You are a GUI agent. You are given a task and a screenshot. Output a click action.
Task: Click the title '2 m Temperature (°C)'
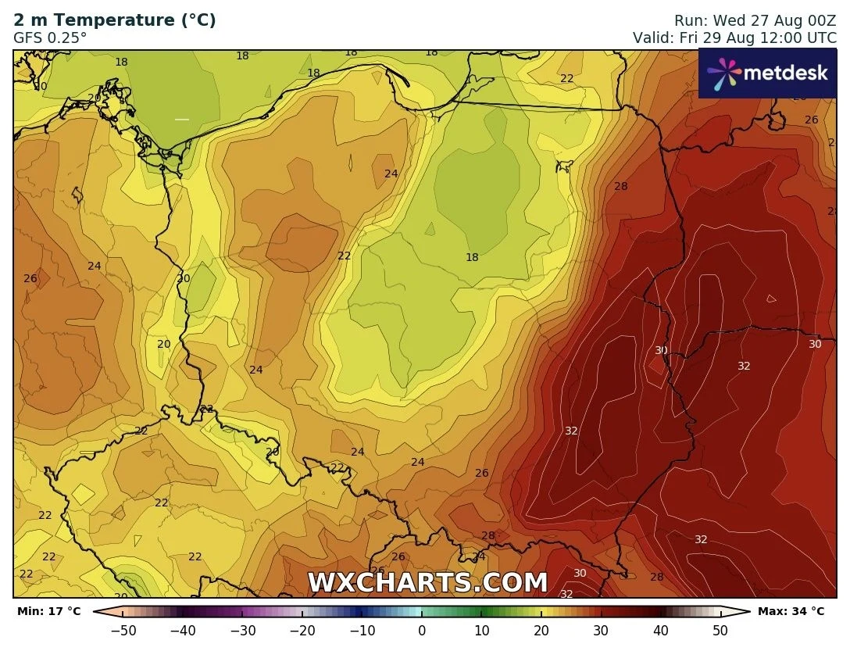point(115,20)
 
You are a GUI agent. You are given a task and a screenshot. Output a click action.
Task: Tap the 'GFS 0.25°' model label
point(51,38)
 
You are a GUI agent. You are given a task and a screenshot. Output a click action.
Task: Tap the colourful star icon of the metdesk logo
point(723,73)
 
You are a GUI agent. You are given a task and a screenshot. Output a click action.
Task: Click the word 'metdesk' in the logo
point(784,73)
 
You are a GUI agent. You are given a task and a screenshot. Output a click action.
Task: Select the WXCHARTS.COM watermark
point(427,583)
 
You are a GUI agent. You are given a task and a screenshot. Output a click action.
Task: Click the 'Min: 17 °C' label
point(48,611)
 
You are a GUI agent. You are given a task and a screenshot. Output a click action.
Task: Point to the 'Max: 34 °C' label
point(791,611)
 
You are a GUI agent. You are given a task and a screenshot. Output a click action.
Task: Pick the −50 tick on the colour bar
point(123,630)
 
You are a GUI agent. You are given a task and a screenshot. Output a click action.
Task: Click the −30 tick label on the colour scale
point(243,630)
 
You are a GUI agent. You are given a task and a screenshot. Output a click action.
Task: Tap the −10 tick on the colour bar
point(362,630)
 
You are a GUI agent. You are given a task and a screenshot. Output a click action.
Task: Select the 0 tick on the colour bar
point(422,630)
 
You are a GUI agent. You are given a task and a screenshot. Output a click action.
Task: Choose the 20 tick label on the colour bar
point(541,630)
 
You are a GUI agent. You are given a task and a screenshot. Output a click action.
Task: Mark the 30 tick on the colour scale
point(601,630)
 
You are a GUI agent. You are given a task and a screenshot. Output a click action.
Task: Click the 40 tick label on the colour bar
point(661,630)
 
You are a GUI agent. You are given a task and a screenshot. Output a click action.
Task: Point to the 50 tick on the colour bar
point(720,630)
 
